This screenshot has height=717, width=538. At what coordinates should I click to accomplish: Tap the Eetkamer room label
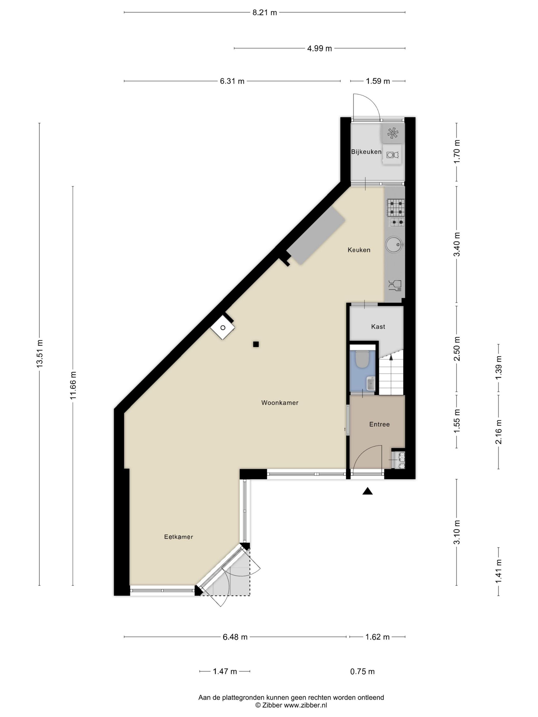(178, 537)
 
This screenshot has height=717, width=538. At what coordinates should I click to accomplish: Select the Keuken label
(359, 250)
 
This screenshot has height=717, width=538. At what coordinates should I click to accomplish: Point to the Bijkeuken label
(366, 152)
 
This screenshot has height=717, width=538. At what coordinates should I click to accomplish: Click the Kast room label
(378, 327)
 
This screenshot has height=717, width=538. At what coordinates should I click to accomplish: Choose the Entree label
(379, 424)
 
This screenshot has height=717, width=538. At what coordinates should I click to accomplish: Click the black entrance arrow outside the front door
(367, 491)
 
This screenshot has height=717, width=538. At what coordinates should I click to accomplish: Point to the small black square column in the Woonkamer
(256, 344)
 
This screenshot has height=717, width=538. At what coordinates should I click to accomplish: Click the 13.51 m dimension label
(39, 354)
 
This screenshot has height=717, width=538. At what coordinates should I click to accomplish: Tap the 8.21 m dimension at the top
(265, 13)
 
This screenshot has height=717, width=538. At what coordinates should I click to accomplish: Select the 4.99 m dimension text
(319, 49)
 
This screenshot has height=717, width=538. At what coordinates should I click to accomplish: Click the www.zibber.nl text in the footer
(305, 705)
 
